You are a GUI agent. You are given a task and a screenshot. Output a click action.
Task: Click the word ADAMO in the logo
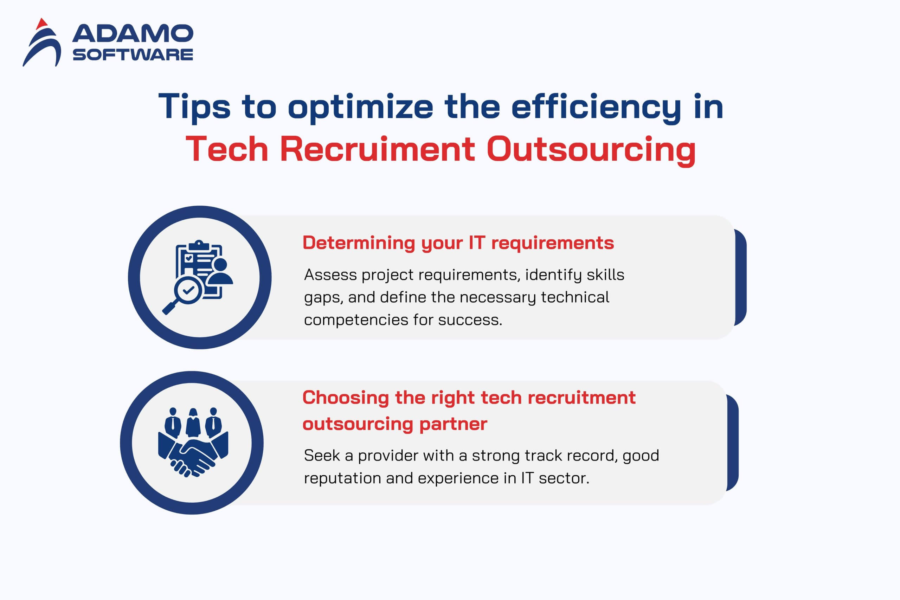pyautogui.click(x=133, y=33)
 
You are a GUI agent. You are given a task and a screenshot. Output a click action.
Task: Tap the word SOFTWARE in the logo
pyautogui.click(x=133, y=55)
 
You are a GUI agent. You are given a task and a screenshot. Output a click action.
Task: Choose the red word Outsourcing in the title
pyautogui.click(x=591, y=150)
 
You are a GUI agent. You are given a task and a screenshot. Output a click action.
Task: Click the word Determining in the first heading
pyautogui.click(x=359, y=243)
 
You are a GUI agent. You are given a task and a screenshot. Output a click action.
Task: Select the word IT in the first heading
pyautogui.click(x=477, y=243)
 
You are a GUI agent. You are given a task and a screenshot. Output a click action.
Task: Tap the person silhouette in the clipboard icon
pyautogui.click(x=220, y=271)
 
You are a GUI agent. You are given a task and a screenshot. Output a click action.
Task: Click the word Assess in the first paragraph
pyautogui.click(x=330, y=275)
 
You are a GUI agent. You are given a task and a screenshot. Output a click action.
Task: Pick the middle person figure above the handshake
pyautogui.click(x=193, y=423)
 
